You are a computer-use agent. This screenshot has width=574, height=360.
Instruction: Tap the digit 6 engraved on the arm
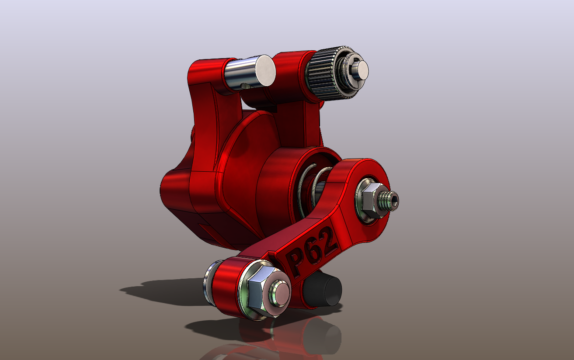(313, 252)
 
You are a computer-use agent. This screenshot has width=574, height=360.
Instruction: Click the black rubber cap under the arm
(324, 289)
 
